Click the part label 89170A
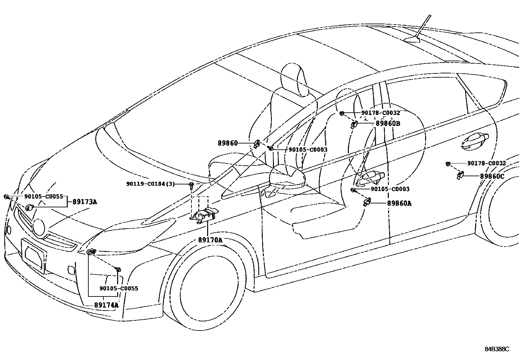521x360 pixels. click(210, 240)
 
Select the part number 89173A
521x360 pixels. click(85, 202)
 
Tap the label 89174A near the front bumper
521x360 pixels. click(106, 305)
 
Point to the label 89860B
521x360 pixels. click(388, 123)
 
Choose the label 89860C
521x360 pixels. click(492, 176)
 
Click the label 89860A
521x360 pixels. click(399, 203)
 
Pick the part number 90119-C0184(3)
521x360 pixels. click(151, 184)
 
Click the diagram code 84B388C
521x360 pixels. click(497, 349)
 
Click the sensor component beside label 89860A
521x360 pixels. click(367, 202)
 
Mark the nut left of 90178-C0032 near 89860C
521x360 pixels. click(448, 163)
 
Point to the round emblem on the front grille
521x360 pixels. click(39, 227)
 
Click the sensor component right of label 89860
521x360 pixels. click(257, 143)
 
